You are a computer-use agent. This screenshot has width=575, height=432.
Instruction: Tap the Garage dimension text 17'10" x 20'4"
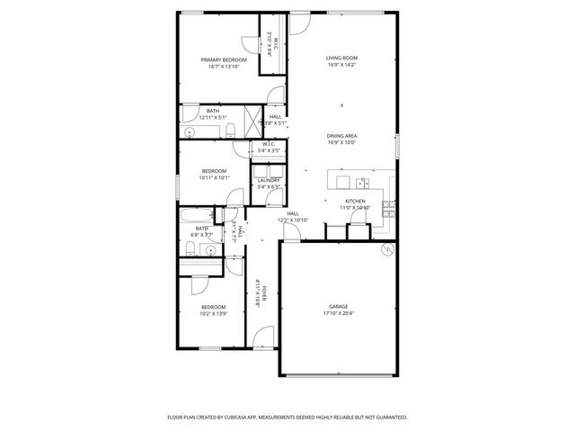339,314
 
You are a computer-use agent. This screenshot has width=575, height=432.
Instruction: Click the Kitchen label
355,201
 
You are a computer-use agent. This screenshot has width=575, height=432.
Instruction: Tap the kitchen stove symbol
390,209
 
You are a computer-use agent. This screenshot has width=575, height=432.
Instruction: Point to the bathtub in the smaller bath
195,216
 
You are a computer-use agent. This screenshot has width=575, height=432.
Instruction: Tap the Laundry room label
269,180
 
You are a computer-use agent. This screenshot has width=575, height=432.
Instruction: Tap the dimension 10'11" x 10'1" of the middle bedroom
214,177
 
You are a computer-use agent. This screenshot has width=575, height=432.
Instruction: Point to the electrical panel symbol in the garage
387,250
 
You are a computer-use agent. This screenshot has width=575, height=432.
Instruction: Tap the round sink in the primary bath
190,131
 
